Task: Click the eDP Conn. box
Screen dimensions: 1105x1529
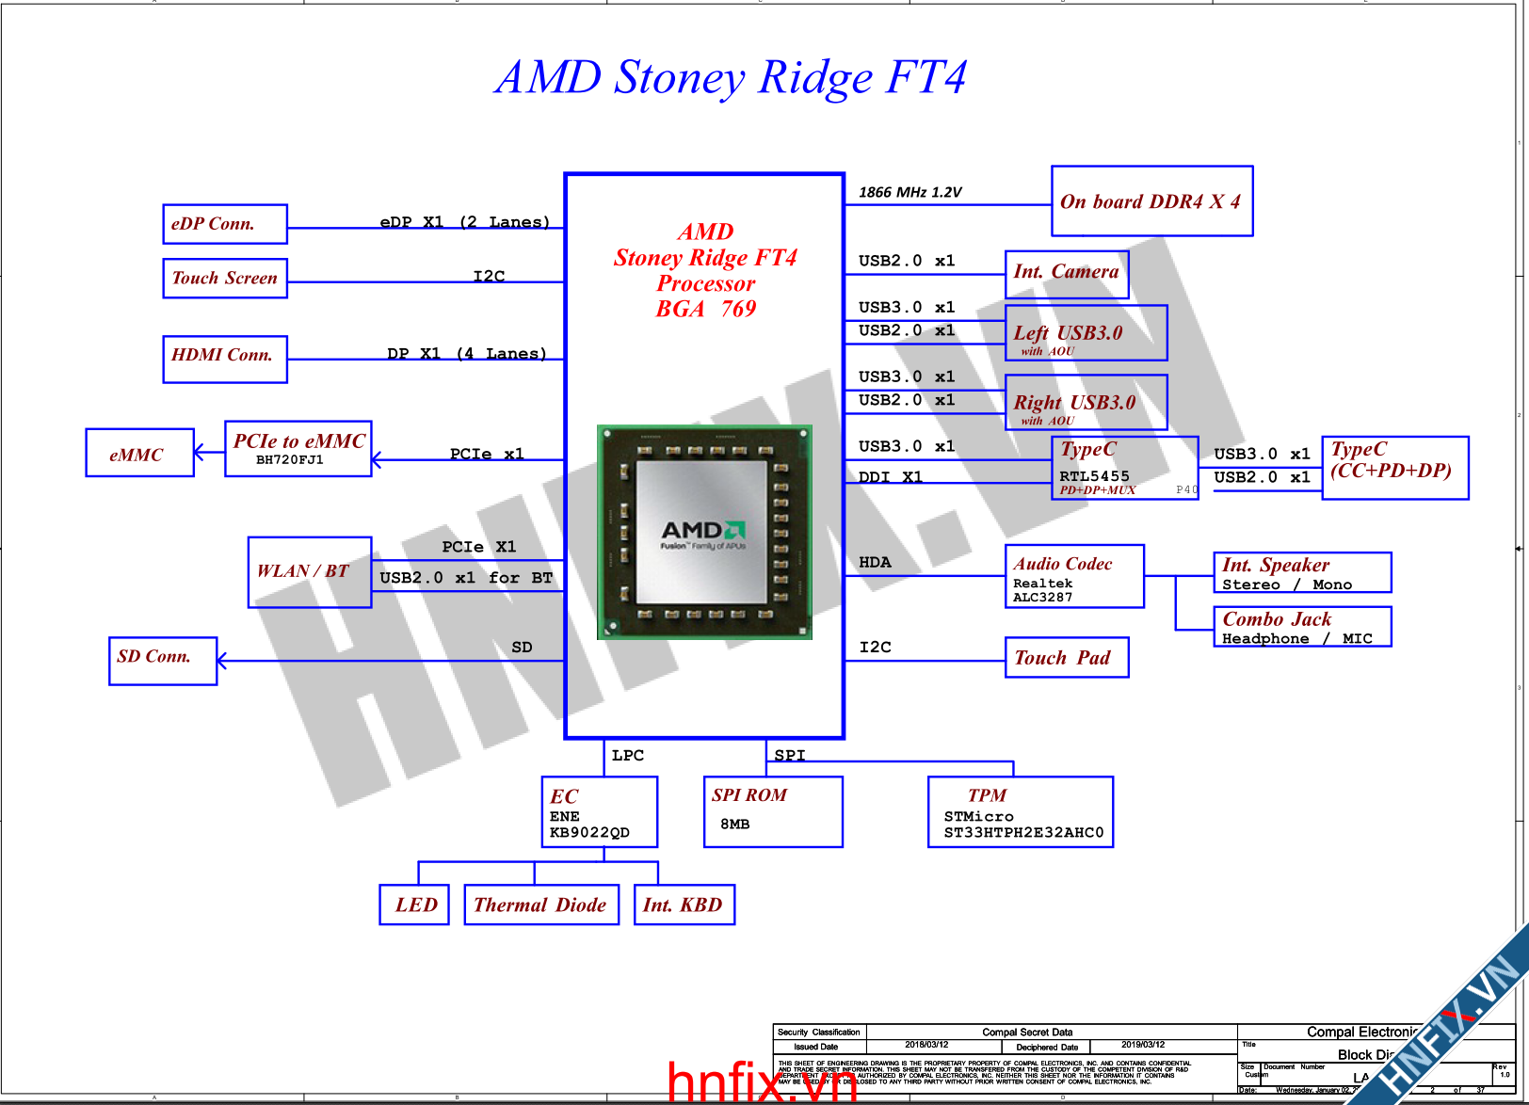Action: (x=225, y=224)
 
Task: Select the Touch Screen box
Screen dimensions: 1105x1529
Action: (x=225, y=279)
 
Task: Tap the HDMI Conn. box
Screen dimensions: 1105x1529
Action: (x=225, y=360)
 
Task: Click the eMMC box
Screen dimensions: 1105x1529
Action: (x=139, y=453)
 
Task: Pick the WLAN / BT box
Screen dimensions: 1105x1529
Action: (x=310, y=572)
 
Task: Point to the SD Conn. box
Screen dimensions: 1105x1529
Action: (x=163, y=661)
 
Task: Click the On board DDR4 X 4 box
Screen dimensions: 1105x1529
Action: (x=1151, y=201)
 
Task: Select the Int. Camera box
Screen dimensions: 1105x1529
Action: (x=1067, y=274)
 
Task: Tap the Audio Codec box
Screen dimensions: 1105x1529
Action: (x=1074, y=576)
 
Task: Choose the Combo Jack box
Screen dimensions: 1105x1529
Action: (x=1302, y=627)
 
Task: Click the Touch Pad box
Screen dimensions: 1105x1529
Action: (x=1067, y=657)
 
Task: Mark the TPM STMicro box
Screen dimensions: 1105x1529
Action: (x=1021, y=811)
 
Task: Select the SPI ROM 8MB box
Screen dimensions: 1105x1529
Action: (x=773, y=811)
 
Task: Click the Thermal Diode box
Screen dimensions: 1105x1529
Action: (x=541, y=905)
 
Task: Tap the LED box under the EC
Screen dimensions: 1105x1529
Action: (x=414, y=905)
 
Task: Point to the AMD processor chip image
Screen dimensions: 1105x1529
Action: (x=704, y=533)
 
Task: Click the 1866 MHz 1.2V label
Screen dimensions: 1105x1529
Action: (x=909, y=192)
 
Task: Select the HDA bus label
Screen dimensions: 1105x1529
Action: (x=875, y=562)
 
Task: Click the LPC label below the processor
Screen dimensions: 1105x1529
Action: (x=628, y=755)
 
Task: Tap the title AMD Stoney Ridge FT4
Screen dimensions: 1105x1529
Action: (x=731, y=77)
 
